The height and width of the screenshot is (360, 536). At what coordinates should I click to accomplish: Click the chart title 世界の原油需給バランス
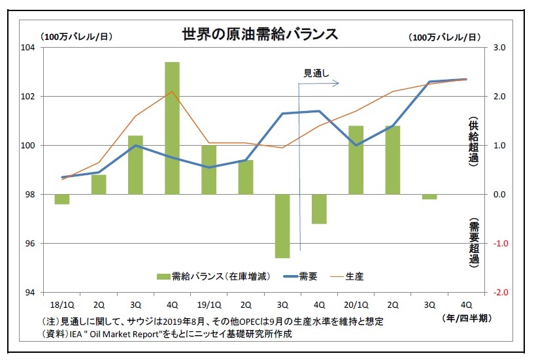coord(260,34)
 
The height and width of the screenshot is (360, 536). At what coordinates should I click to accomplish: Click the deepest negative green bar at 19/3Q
coord(282,226)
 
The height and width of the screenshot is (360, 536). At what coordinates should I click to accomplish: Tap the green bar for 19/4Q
coord(319,209)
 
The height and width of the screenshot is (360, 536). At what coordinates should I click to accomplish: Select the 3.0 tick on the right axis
coord(499,48)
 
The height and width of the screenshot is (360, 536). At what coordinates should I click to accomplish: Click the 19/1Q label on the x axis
coord(208,304)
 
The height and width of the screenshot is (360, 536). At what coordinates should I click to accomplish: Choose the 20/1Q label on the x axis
coord(356,304)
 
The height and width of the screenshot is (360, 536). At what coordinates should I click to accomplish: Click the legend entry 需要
coord(308,276)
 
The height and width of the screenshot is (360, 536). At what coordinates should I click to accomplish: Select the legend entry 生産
coord(354,276)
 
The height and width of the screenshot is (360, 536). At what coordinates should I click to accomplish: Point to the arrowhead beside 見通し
coord(337,83)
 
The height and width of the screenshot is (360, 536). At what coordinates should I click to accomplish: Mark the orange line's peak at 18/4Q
coord(172,91)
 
